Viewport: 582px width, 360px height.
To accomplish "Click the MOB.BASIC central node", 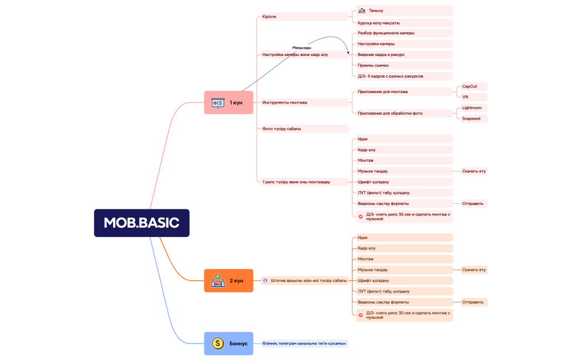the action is click(141, 223).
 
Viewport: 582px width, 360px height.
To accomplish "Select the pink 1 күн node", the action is click(228, 102).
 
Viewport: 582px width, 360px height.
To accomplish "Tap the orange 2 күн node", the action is click(228, 281).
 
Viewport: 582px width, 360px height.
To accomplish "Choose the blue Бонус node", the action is click(228, 343).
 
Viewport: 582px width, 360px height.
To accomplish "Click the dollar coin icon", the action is click(218, 343).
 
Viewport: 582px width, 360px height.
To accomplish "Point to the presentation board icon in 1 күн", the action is click(218, 102).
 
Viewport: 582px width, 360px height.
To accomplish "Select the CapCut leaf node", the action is click(474, 86).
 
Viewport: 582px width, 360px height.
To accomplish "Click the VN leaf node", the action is click(474, 97).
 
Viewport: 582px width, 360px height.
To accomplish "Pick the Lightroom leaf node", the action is click(474, 108).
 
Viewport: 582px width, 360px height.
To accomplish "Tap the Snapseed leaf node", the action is click(474, 119).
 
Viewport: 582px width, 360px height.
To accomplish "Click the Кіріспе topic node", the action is click(305, 17).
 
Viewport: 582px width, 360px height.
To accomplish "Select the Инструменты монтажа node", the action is click(305, 102).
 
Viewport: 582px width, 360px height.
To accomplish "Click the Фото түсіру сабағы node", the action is click(305, 128).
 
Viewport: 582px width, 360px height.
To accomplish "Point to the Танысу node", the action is click(405, 11).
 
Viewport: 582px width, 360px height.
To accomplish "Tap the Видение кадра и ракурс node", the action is click(405, 54).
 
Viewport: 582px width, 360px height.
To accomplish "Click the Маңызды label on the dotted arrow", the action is click(302, 48).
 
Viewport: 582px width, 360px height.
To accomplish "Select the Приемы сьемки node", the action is click(405, 65).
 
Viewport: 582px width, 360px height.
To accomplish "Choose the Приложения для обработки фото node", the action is click(405, 113).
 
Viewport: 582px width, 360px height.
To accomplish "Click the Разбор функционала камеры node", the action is click(405, 33).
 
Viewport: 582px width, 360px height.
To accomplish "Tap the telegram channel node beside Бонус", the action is click(305, 343).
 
